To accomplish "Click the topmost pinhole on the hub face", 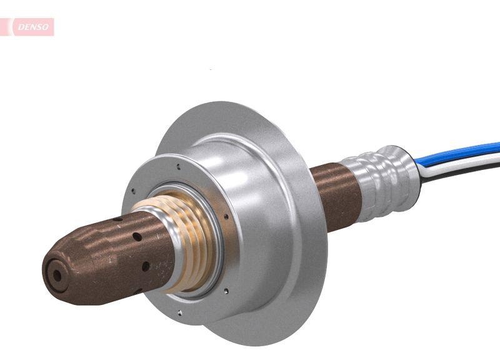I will (x=179, y=166).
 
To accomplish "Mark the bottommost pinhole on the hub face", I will (x=180, y=312).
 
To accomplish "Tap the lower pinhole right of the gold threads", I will (x=227, y=289).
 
